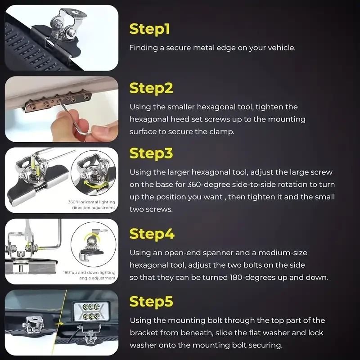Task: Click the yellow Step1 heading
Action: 149,29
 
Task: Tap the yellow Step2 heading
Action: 151,89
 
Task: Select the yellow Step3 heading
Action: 151,153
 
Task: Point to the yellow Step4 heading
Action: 152,234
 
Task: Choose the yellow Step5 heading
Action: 151,301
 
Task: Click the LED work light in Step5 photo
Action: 91,311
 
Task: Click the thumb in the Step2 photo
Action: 103,133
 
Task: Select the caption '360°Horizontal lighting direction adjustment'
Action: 92,205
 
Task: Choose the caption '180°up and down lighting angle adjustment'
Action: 90,275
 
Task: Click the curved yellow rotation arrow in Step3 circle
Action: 95,184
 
